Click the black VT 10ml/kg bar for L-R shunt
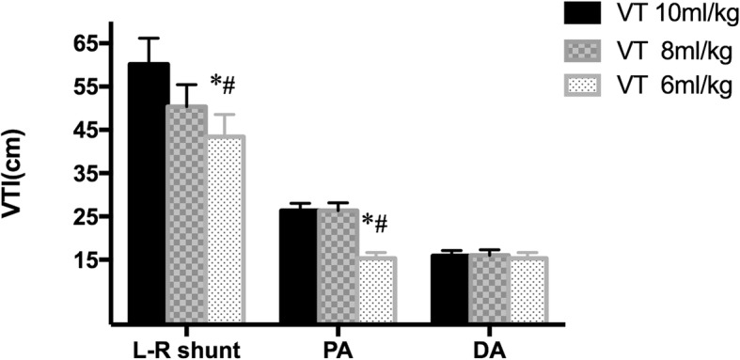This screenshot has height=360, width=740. pyautogui.click(x=149, y=194)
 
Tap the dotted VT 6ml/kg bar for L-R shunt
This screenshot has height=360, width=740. pyautogui.click(x=226, y=230)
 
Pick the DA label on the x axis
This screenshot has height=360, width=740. pyautogui.click(x=490, y=349)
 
